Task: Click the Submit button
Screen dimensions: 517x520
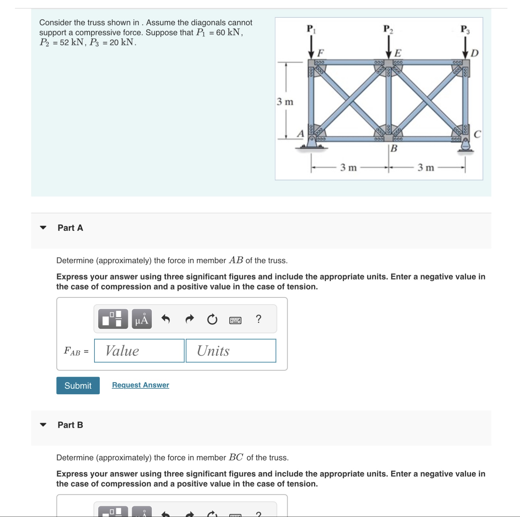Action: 78,386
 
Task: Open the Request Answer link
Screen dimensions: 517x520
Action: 140,385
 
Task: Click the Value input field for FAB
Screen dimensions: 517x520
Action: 139,351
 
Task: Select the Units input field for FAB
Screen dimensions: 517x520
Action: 231,351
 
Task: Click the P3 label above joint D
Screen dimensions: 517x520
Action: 465,29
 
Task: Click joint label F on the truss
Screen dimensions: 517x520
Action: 320,53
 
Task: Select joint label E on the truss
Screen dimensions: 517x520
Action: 398,53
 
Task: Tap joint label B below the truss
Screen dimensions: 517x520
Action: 394,148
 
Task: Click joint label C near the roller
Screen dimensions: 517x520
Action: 477,134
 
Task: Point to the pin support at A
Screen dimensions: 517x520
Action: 312,143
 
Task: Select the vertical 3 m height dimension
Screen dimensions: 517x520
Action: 285,102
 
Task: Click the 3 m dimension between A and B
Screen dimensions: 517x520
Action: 348,168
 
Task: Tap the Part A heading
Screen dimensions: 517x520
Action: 70,228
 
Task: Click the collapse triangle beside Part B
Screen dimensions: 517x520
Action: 43,425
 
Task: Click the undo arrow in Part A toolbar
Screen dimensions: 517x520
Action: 166,319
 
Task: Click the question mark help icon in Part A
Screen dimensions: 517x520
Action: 258,319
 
